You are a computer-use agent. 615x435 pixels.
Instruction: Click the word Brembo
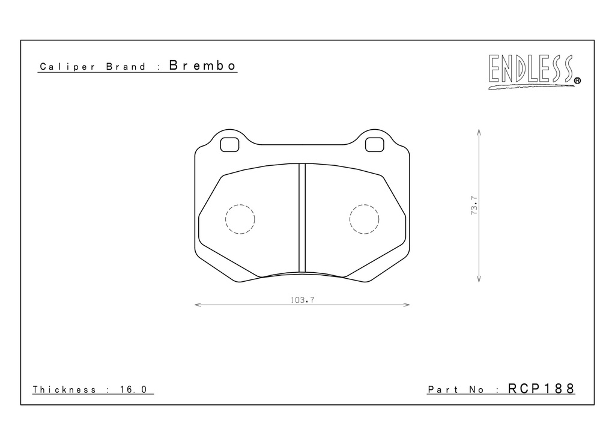click(202, 65)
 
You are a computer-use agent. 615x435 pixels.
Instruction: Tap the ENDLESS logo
click(534, 71)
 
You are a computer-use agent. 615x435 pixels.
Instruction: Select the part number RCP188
click(541, 388)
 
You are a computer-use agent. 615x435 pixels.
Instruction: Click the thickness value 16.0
click(133, 389)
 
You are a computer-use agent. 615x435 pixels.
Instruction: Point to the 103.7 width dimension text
click(303, 300)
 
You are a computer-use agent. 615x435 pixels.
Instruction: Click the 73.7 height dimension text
click(474, 205)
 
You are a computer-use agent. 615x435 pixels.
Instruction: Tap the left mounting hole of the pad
click(229, 144)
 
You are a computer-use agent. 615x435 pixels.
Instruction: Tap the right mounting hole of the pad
click(375, 144)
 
